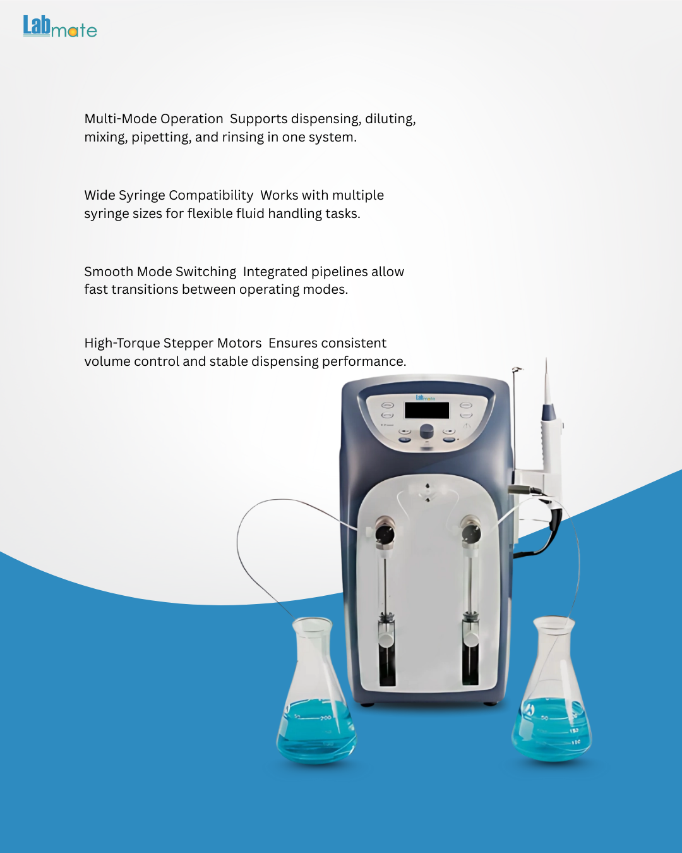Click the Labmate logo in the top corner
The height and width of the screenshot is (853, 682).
[x=60, y=27]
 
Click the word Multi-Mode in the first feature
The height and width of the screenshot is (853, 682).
[x=114, y=119]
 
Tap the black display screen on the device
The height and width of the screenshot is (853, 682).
[x=427, y=410]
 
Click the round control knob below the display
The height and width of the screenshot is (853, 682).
[x=426, y=430]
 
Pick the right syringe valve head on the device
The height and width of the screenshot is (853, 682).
[x=470, y=531]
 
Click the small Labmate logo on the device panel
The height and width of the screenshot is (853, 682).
[x=425, y=397]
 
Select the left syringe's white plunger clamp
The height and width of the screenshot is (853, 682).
[x=386, y=638]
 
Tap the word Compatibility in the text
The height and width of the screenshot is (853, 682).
[x=211, y=196]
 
